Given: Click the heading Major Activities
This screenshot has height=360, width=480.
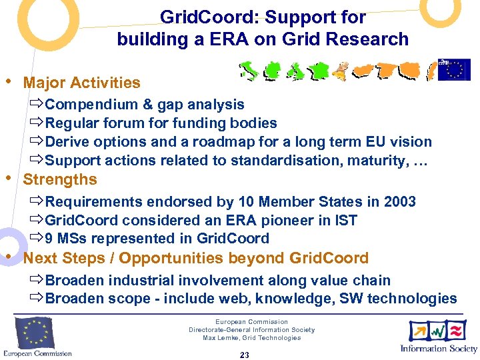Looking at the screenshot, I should pyautogui.click(x=81, y=83).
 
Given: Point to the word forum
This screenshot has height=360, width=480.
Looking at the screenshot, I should pyautogui.click(x=155, y=123).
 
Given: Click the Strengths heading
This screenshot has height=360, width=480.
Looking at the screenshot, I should pyautogui.click(x=60, y=180).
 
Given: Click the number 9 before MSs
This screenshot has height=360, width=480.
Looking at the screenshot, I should pyautogui.click(x=49, y=239).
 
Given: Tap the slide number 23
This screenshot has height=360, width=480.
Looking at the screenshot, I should pyautogui.click(x=244, y=355).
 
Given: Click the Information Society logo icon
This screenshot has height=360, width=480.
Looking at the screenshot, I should pyautogui.click(x=438, y=331).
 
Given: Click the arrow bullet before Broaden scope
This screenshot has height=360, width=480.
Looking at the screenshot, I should pyautogui.click(x=37, y=299).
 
